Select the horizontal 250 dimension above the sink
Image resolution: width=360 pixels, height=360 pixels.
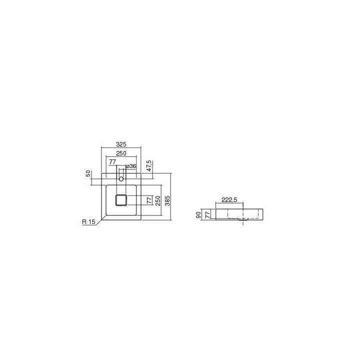pyautogui.click(x=121, y=153)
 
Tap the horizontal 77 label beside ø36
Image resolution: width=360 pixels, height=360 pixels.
pyautogui.click(x=112, y=162)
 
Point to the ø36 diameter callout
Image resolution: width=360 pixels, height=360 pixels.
pyautogui.click(x=131, y=166)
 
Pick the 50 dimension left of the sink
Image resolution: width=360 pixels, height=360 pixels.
pyautogui.click(x=88, y=173)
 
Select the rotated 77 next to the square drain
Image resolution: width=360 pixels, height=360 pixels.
pyautogui.click(x=149, y=200)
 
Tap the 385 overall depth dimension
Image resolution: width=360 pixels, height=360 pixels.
pyautogui.click(x=167, y=201)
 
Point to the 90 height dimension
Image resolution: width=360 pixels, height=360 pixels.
pyautogui.click(x=198, y=214)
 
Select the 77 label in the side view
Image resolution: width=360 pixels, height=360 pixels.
pyautogui.click(x=206, y=215)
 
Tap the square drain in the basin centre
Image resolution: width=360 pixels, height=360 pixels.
pyautogui.click(x=121, y=200)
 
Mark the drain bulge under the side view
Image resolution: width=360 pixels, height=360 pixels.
pyautogui.click(x=243, y=219)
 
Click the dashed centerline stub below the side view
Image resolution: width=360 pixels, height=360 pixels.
pyautogui.click(x=243, y=223)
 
